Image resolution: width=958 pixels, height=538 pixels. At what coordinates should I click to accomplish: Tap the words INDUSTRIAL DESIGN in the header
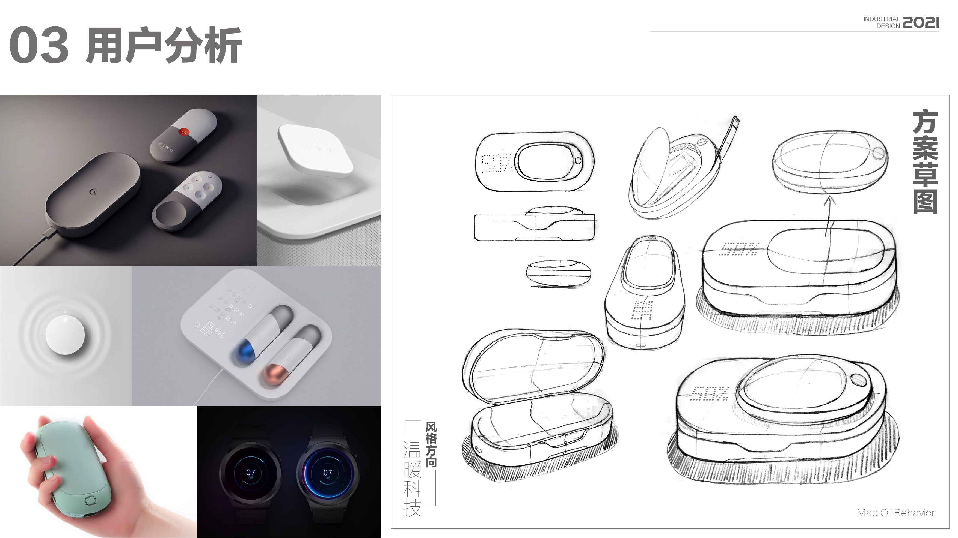[x=881, y=22]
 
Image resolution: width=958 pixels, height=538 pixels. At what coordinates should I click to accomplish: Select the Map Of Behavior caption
[x=895, y=513]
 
